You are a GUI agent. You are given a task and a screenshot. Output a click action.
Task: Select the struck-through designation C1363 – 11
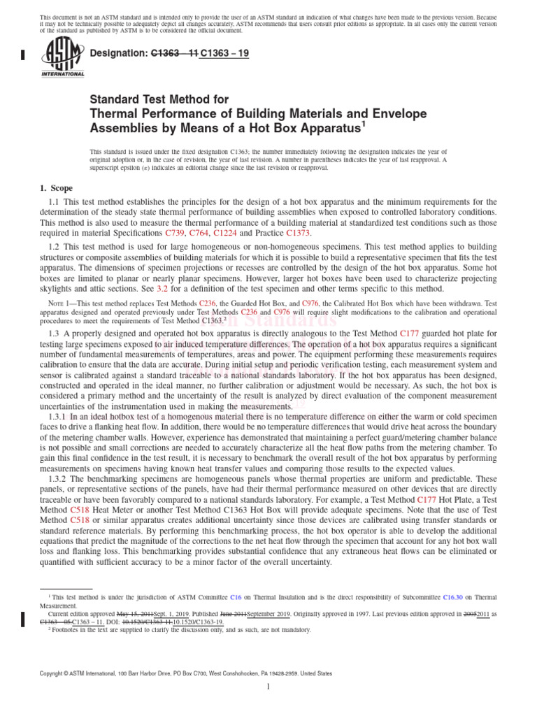pos(175,52)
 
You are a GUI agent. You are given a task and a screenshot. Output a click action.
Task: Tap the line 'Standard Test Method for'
pos(159,100)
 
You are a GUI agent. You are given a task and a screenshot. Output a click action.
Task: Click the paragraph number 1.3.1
pos(59,415)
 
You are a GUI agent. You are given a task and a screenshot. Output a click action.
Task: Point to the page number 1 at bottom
pos(268,687)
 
